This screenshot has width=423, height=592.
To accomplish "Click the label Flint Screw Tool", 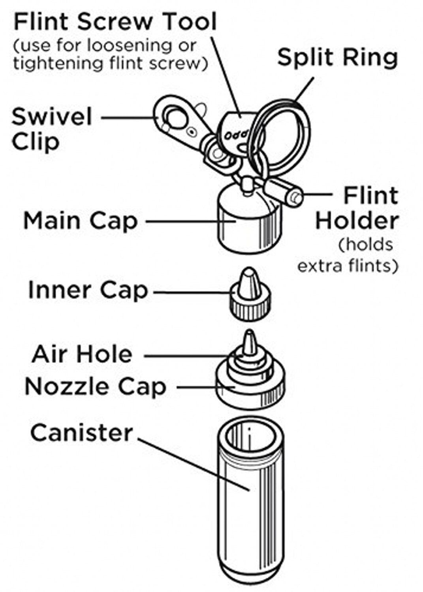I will click(x=115, y=22).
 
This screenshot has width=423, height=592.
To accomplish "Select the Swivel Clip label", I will click(x=51, y=129).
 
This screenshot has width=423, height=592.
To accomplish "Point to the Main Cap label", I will click(x=80, y=221).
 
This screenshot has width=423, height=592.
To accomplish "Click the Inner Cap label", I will click(x=88, y=291).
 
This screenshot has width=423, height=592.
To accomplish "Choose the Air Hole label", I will click(x=82, y=354).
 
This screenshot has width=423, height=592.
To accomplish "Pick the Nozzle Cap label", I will click(x=95, y=386).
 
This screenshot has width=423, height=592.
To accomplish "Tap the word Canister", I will click(x=81, y=433).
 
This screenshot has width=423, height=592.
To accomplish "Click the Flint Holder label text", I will click(x=357, y=208).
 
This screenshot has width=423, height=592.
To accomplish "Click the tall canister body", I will click(x=250, y=513).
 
